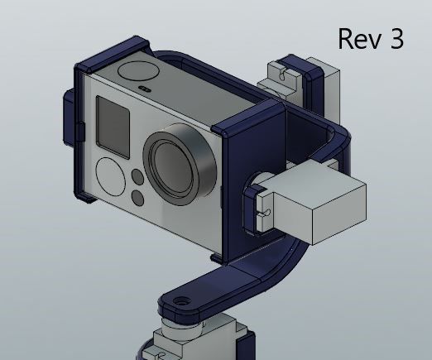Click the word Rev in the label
pyautogui.click(x=361, y=38)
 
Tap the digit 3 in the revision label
pyautogui.click(x=396, y=38)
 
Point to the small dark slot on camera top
pyautogui.click(x=145, y=87)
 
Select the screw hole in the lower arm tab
pyautogui.click(x=180, y=302)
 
